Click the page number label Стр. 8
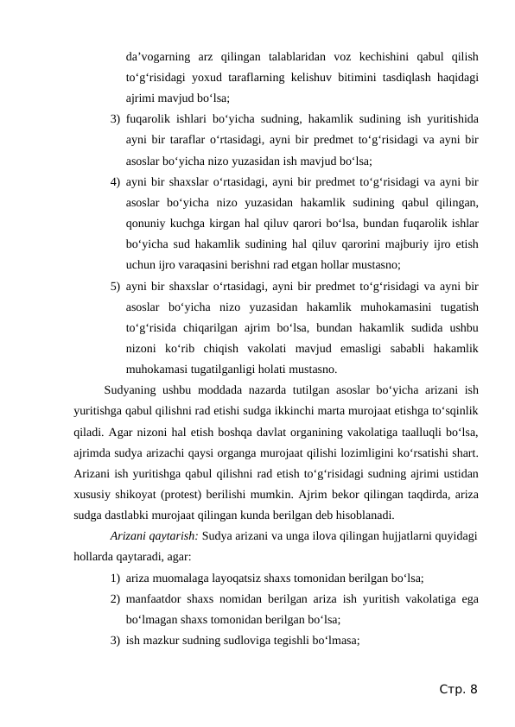coord(457,689)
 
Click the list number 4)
coord(115,181)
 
